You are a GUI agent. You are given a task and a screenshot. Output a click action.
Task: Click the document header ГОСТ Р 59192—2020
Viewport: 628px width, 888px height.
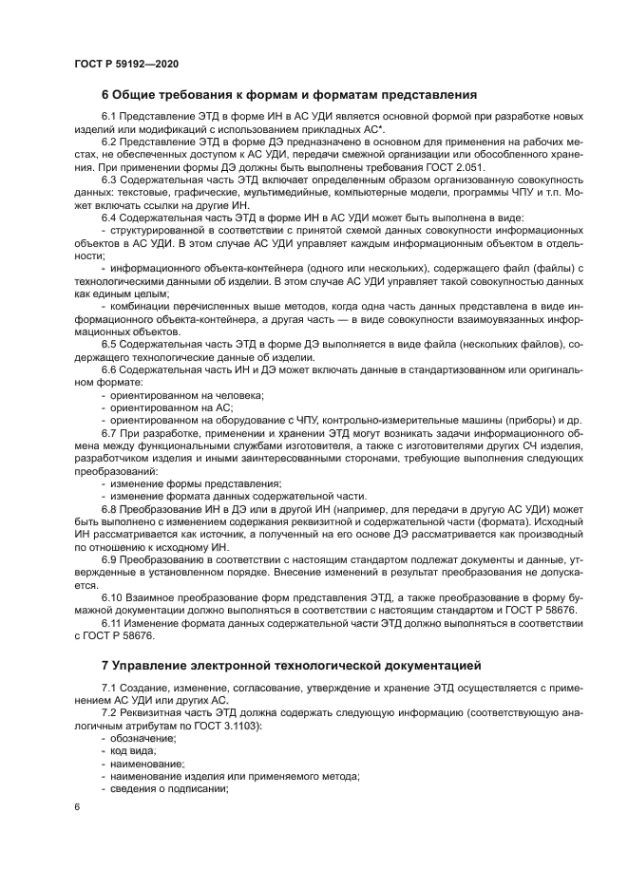point(125,62)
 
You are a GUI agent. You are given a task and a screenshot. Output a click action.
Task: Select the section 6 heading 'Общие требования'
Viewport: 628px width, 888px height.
point(289,94)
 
